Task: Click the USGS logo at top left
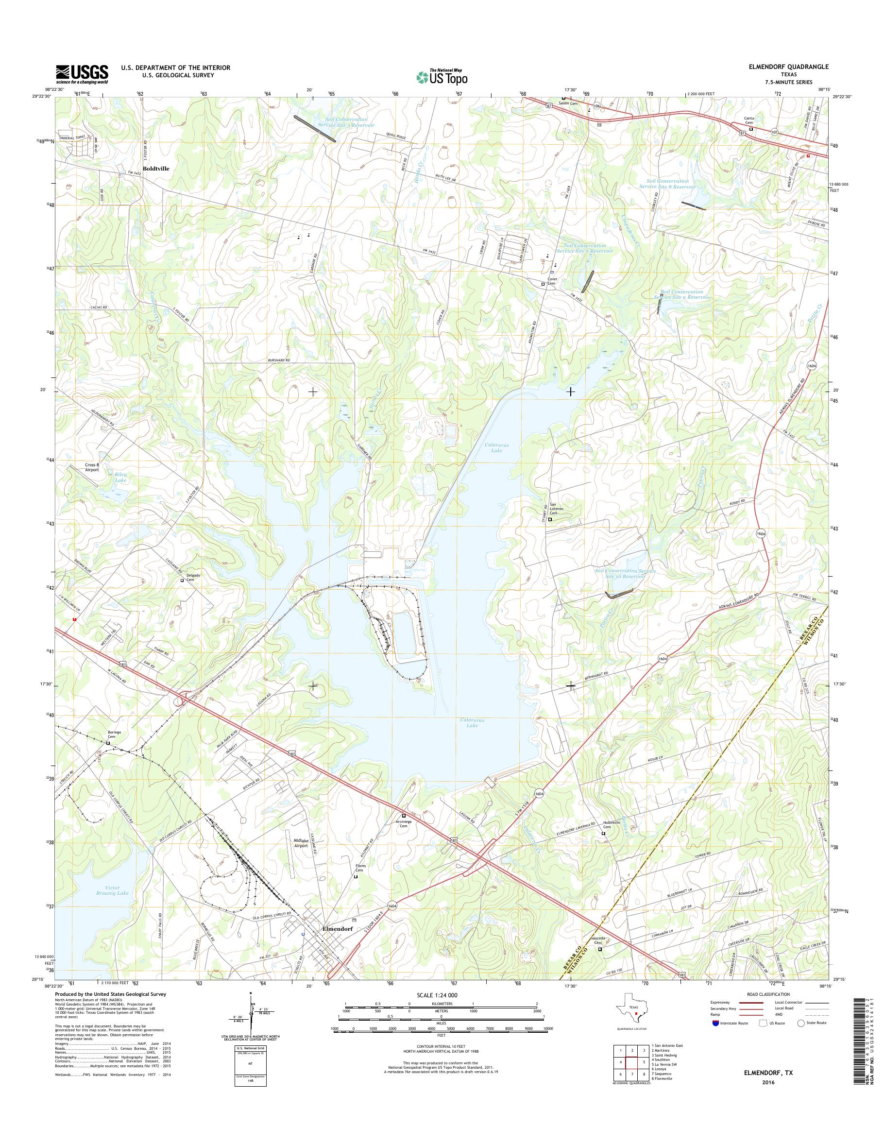[82, 73]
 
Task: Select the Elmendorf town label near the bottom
[338, 928]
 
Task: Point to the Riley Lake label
[120, 477]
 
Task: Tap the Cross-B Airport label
[92, 467]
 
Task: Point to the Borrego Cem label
[114, 734]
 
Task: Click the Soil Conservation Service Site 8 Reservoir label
[667, 184]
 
